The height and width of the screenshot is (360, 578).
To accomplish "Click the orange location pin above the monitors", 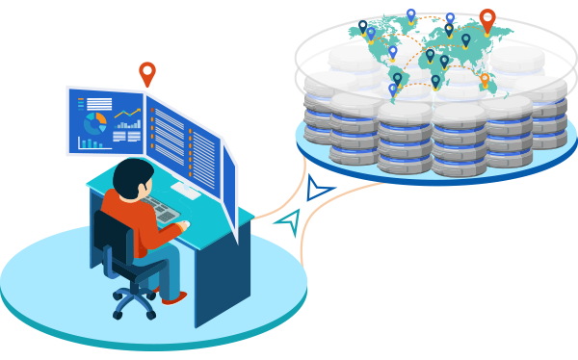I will click(x=146, y=72).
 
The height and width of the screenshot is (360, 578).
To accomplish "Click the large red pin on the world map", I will click(x=487, y=19).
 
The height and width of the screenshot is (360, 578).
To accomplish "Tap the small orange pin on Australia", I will click(x=485, y=80).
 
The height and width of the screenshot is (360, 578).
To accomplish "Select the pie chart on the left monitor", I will click(x=94, y=123).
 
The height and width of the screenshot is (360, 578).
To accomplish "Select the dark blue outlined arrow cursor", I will click(x=317, y=189).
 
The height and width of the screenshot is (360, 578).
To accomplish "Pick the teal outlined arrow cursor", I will click(x=288, y=222).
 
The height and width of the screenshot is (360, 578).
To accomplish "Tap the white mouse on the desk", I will click(x=184, y=225).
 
